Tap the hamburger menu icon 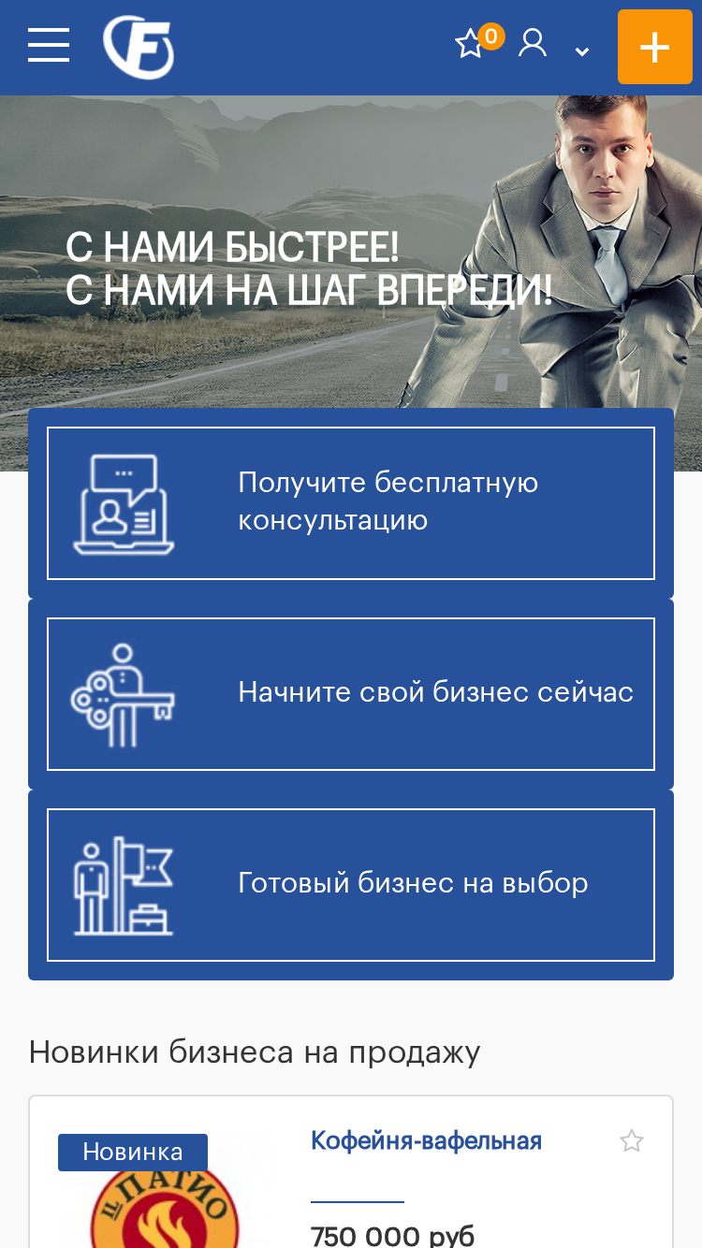[49, 45]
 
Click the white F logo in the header [139, 47]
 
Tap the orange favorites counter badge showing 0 [491, 36]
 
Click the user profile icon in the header [533, 43]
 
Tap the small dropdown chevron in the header [582, 51]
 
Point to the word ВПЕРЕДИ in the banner [464, 290]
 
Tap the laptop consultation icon [124, 504]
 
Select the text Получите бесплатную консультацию [388, 501]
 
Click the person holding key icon [123, 695]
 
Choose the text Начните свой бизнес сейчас [435, 692]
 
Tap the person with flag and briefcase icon [124, 885]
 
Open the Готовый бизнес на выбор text [413, 883]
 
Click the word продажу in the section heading [415, 1053]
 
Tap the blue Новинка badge [133, 1153]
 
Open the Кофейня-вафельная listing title [426, 1140]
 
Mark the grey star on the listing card [632, 1140]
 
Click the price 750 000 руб [392, 1235]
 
